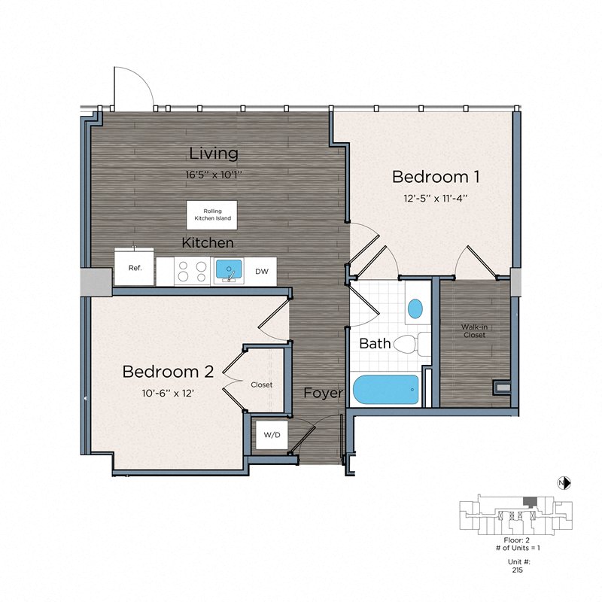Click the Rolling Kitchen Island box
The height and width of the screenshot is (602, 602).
tap(211, 215)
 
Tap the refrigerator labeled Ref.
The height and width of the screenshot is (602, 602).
tap(135, 268)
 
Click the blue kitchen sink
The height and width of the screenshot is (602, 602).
tap(230, 270)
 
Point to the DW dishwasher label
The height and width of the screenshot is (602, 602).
tap(261, 271)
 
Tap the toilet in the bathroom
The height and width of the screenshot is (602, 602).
tap(409, 345)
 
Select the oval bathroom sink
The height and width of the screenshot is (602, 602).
tap(415, 308)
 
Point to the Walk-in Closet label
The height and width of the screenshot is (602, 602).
tap(474, 330)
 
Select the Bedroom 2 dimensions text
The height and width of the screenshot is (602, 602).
tap(169, 391)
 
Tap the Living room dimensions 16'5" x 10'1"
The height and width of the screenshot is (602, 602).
tap(214, 174)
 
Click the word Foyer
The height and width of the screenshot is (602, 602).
tap(323, 393)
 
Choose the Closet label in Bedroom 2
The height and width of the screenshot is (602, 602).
tap(262, 385)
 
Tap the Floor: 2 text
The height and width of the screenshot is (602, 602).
tap(512, 540)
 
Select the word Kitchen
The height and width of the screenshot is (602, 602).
tap(208, 243)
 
